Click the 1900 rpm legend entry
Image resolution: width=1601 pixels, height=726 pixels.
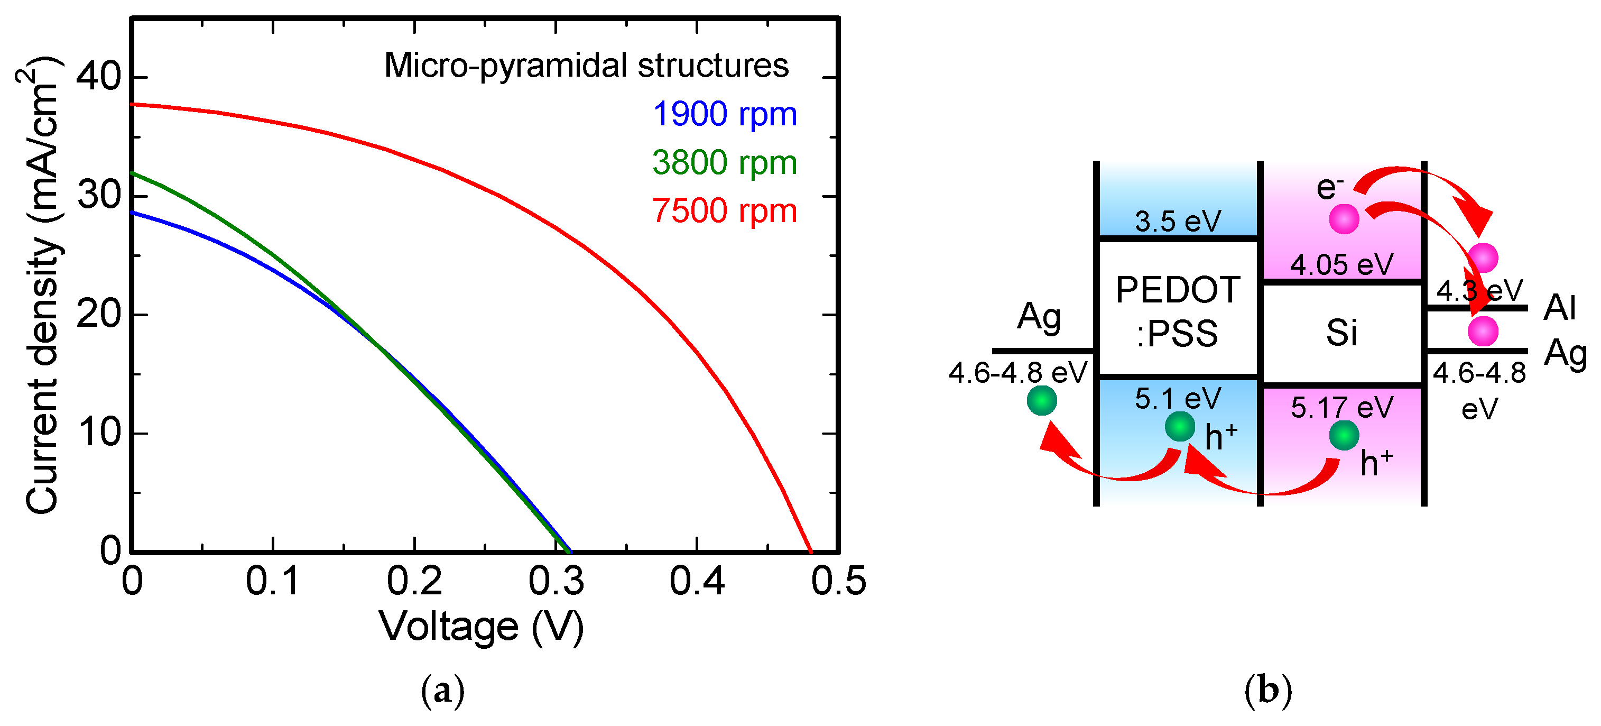[725, 114]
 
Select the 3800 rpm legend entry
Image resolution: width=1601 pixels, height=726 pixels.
[725, 163]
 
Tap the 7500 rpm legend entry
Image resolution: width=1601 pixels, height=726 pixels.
[725, 210]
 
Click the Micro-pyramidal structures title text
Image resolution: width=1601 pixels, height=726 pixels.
[586, 65]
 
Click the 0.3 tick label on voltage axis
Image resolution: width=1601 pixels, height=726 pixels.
[556, 582]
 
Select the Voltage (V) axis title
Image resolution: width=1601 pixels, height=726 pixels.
[482, 627]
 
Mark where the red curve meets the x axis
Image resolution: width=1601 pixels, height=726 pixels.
[810, 552]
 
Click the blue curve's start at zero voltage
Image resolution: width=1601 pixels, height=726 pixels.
[132, 213]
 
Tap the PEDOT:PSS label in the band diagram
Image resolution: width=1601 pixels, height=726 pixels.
[1177, 311]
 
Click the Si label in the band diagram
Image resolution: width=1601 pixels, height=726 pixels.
[1341, 333]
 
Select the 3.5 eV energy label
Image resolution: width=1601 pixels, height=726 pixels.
[1177, 221]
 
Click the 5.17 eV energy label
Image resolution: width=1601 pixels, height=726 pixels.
[1341, 408]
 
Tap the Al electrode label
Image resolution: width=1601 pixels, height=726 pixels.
[1559, 307]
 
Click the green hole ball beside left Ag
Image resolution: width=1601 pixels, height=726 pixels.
[1042, 400]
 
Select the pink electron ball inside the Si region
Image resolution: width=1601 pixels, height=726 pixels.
[1344, 219]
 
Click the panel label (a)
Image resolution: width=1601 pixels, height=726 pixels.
[442, 691]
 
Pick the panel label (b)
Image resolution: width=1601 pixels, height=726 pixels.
[1268, 691]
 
